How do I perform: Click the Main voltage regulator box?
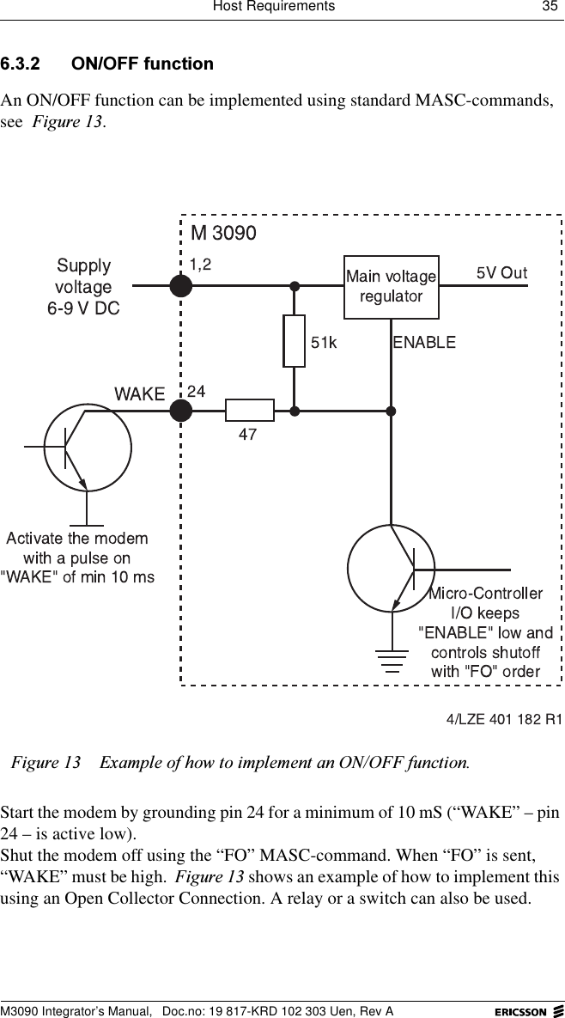[391, 286]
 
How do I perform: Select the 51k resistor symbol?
[294, 341]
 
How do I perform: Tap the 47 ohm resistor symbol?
[249, 411]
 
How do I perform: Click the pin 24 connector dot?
[180, 411]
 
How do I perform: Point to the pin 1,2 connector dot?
[180, 286]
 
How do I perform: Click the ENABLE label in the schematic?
[424, 343]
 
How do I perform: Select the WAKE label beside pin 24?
[139, 394]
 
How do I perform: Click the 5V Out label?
[501, 273]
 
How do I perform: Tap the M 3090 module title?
[223, 233]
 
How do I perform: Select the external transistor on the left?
[87, 447]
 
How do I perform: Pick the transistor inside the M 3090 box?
[391, 568]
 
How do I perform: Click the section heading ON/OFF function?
[143, 64]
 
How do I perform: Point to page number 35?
[548, 7]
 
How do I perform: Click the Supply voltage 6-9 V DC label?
[83, 287]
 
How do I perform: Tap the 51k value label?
[324, 343]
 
